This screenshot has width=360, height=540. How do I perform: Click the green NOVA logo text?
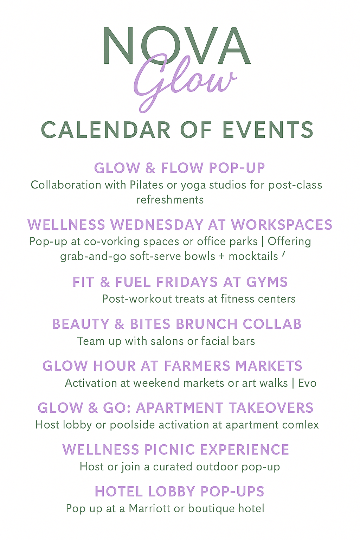coord(177,45)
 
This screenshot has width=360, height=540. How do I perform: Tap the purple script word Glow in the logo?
coord(185,82)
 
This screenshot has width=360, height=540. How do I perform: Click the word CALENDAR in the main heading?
coord(106,130)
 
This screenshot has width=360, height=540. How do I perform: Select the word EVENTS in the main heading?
coord(268,130)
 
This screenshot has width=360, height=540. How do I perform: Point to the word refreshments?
coord(170,200)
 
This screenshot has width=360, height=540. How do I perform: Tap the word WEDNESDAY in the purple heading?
coord(157,225)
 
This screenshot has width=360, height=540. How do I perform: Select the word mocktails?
coord(253,256)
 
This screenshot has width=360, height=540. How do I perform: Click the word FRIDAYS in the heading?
coord(187,282)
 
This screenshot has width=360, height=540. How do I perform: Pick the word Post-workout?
coord(137,299)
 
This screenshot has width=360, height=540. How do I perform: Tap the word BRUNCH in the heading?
coord(207,324)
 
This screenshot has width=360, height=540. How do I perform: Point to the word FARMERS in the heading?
coord(197,366)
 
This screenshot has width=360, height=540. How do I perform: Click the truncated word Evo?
coord(307,383)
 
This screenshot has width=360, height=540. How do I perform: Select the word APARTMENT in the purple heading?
coord(179,408)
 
